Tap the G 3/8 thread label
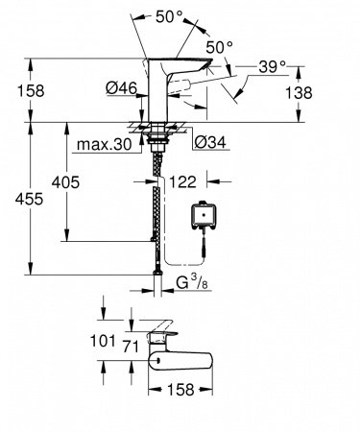(x=195, y=284)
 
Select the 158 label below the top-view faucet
(x=181, y=391)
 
